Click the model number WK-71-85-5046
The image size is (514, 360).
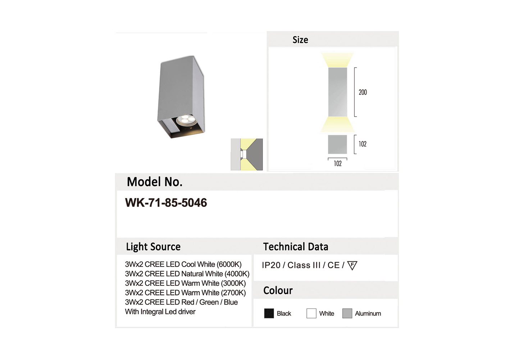pos(166,202)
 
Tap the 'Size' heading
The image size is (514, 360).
pos(300,40)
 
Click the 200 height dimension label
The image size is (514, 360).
pos(363,92)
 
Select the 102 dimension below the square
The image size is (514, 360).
pos(337,163)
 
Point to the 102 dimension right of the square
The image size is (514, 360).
pos(363,144)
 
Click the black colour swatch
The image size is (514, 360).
pos(269,314)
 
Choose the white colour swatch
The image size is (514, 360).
pos(311,314)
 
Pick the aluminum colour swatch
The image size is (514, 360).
pos(347,314)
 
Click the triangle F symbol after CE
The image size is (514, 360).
pos(352,265)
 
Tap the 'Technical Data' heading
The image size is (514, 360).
pos(296,247)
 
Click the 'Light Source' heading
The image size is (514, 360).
pos(153,247)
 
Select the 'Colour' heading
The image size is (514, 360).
pos(278,291)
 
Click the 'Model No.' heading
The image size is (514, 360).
pos(155,182)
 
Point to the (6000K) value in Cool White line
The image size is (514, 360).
pos(229,265)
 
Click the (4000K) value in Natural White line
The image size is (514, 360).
pos(237,274)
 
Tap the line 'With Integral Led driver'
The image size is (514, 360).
pos(160,311)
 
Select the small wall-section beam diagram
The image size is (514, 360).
pos(247,154)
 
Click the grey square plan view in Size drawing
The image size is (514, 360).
pos(337,144)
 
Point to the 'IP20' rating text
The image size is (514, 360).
pos(271,265)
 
